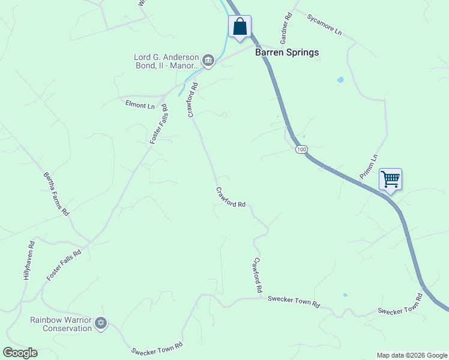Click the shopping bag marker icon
click(240, 27)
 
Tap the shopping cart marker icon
click(390, 179)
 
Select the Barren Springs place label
click(287, 52)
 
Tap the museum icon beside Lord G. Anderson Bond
click(208, 60)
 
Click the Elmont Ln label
click(140, 106)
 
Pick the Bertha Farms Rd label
click(56, 194)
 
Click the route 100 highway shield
click(301, 149)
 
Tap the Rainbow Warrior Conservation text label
click(61, 323)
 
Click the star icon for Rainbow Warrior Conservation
click(101, 323)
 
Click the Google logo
click(20, 353)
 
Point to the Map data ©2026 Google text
click(411, 355)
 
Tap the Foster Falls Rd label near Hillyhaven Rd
click(64, 266)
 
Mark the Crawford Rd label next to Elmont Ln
click(193, 100)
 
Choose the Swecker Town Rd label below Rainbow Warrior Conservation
click(157, 349)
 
